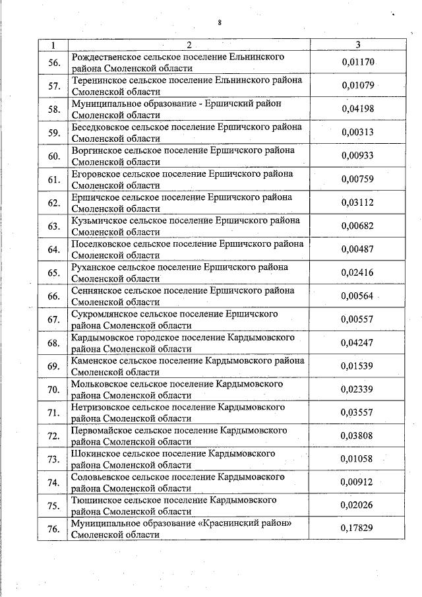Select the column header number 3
coord(357,45)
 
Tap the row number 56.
coord(53,63)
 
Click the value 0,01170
coord(357,63)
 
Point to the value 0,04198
coord(357,109)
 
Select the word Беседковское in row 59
coord(97,127)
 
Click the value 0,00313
coord(357,132)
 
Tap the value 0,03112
coord(357,202)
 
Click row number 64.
coord(53,249)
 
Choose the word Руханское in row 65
coord(92,267)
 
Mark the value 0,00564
coord(357,296)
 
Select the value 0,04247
coord(357,342)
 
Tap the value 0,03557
coord(357,412)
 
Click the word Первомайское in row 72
coord(100,430)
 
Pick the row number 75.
coord(53,505)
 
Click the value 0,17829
coord(357,528)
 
